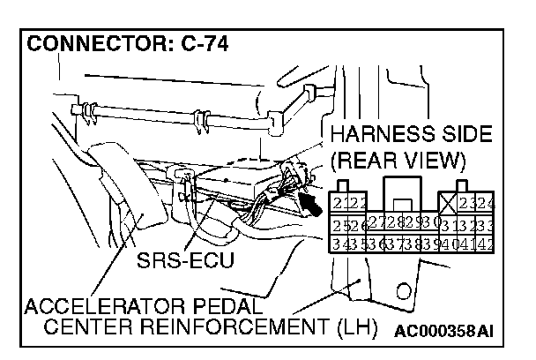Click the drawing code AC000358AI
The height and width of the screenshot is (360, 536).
[x=443, y=331]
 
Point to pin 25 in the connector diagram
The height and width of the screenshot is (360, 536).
[x=335, y=221]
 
